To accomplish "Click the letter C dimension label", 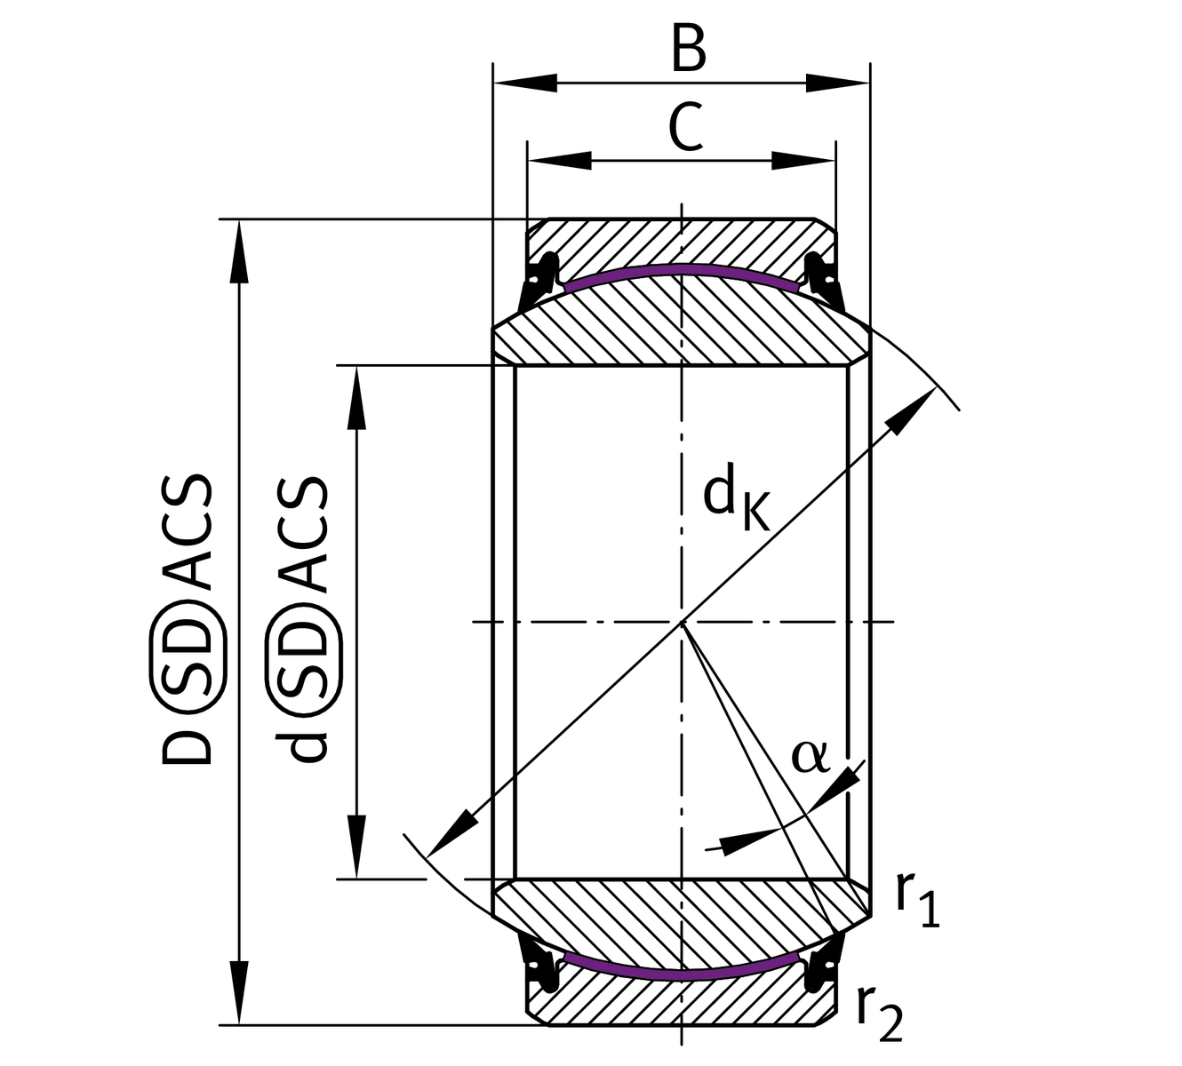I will click(685, 127).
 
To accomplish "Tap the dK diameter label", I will click(735, 501).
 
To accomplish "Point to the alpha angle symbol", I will click(809, 756).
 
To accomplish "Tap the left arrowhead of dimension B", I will click(524, 84).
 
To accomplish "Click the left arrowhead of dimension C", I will click(560, 161).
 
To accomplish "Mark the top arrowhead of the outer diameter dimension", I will click(238, 252).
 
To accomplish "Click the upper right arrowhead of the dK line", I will click(914, 410).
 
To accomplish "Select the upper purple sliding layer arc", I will click(681, 268).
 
